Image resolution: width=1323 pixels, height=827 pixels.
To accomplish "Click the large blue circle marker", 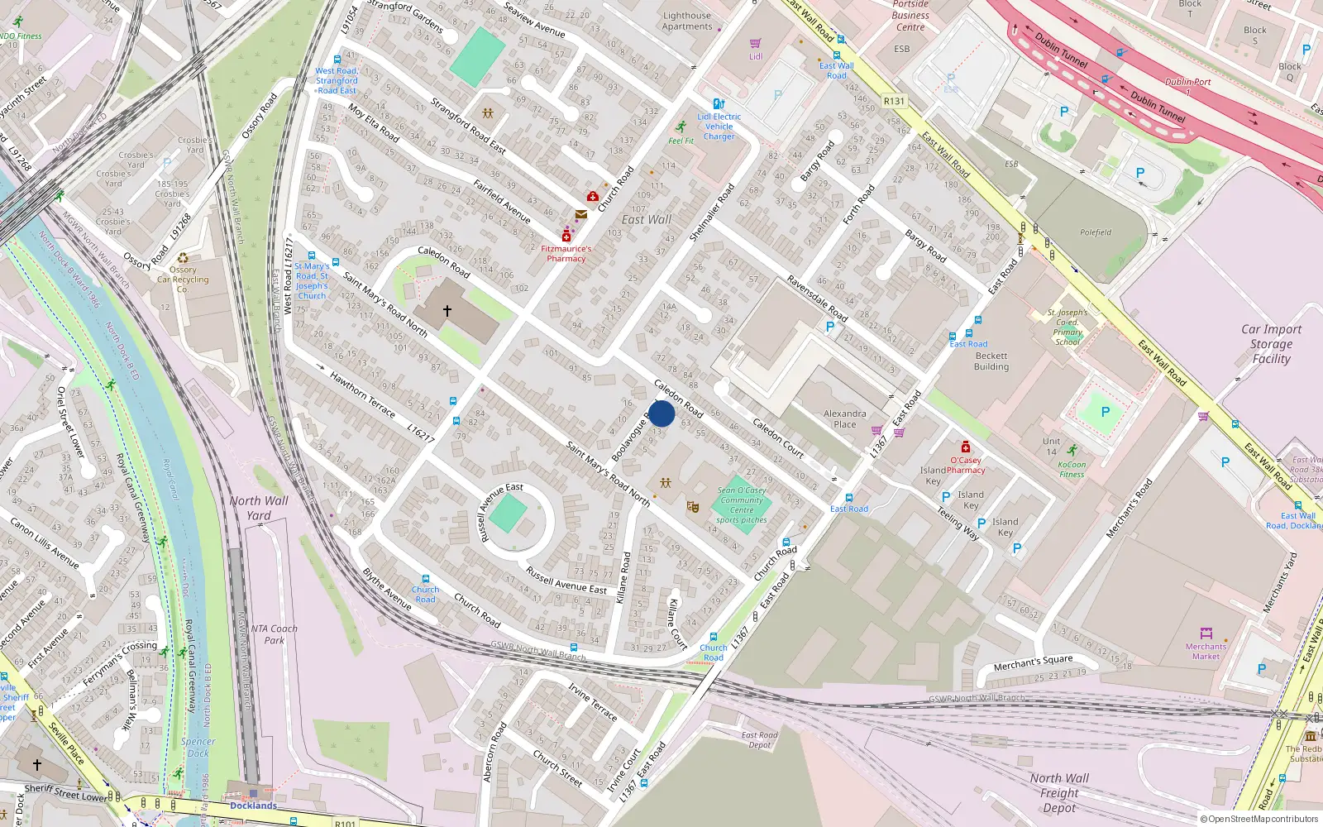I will [661, 413].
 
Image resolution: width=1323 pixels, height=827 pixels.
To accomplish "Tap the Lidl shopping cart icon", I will [755, 43].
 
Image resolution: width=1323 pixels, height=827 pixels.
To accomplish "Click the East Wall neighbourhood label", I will [646, 219].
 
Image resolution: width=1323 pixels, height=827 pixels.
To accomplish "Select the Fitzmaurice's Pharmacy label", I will [566, 253].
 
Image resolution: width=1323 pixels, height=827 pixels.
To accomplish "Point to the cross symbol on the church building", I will [447, 311].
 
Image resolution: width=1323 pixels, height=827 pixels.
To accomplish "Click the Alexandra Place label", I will [844, 419].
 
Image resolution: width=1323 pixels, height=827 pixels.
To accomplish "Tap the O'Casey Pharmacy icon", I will [965, 447].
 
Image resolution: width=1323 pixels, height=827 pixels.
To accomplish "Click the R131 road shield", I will [894, 101].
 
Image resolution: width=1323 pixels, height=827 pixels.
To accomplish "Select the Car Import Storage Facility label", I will [1271, 343].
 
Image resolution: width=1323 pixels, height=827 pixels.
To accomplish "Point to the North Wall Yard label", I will [259, 508].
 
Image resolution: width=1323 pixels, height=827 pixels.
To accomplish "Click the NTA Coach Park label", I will [274, 634].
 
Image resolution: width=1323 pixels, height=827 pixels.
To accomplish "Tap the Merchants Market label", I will [1206, 652].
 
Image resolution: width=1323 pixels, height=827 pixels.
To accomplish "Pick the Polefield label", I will [1096, 232].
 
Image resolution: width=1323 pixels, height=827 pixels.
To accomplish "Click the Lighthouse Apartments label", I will [686, 21].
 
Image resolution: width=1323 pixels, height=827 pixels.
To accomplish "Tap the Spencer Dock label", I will [198, 747].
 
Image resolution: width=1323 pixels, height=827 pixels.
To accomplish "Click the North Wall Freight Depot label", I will [1059, 792].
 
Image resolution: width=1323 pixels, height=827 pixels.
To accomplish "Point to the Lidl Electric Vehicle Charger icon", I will [719, 104].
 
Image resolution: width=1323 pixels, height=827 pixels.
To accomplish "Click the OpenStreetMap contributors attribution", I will [1259, 819].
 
